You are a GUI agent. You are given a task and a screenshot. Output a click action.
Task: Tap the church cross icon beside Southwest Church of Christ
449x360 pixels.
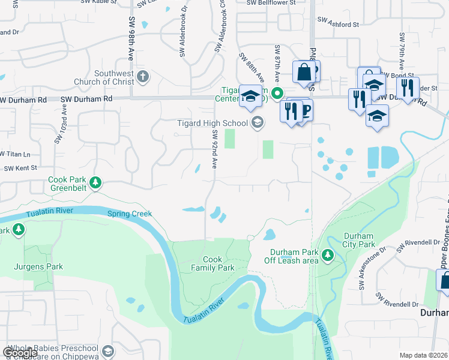pyautogui.click(x=142, y=76)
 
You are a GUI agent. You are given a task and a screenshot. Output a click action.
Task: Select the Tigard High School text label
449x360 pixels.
pyautogui.click(x=203, y=124)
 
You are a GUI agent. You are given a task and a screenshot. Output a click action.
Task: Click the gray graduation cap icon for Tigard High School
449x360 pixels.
pyautogui.click(x=257, y=123)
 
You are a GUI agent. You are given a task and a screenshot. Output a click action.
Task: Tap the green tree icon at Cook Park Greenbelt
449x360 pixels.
pyautogui.click(x=94, y=182)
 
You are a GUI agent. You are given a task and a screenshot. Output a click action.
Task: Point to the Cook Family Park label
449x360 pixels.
pyautogui.click(x=212, y=264)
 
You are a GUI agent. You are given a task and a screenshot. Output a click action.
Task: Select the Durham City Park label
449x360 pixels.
pyautogui.click(x=358, y=240)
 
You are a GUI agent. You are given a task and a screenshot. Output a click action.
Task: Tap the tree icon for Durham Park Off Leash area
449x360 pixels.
pyautogui.click(x=327, y=256)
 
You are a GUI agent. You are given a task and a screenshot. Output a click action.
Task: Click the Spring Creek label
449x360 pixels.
pyautogui.click(x=130, y=214)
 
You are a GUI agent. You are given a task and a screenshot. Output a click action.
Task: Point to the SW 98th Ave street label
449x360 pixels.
pyautogui.click(x=130, y=38)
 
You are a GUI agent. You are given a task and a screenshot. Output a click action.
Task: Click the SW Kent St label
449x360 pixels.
pyautogui.click(x=20, y=168)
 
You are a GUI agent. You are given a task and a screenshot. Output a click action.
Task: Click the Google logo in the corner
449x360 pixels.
pyautogui.click(x=20, y=352)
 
